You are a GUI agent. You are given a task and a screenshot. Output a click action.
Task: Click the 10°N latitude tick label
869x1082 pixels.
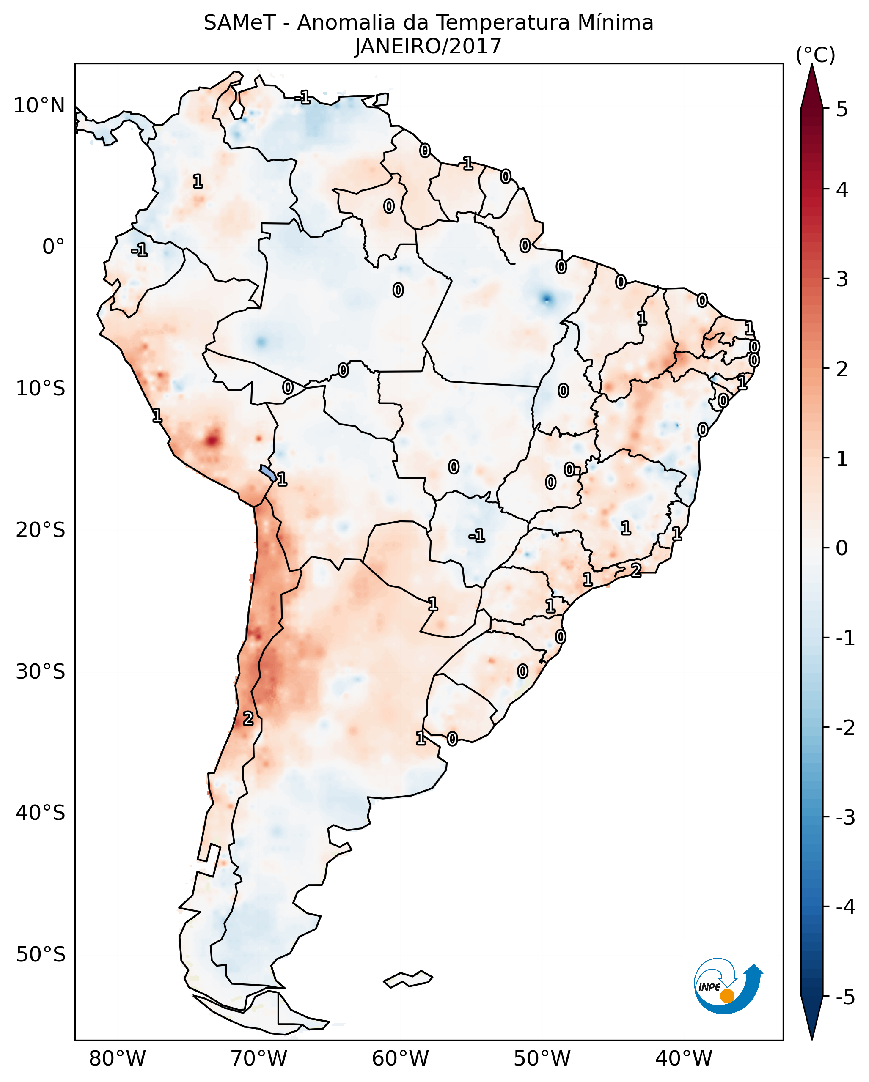pos(39,106)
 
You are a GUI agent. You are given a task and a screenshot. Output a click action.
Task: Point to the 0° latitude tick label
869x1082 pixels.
pos(53,247)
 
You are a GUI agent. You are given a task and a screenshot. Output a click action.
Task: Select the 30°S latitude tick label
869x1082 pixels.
pos(40,671)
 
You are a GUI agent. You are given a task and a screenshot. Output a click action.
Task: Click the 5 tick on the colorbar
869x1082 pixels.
pos(842,110)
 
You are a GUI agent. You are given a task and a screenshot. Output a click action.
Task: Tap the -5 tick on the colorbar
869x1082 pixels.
pos(845,997)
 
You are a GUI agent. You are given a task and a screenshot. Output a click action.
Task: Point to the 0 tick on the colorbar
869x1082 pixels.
pos(842,548)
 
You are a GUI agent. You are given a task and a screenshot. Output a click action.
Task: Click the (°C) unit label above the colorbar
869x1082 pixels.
pos(815,55)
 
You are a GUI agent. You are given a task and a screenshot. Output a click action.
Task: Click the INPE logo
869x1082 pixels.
pos(727,987)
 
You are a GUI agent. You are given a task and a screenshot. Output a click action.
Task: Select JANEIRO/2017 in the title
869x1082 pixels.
pos(428,47)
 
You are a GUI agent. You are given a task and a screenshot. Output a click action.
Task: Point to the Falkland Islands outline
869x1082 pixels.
pos(408,978)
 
